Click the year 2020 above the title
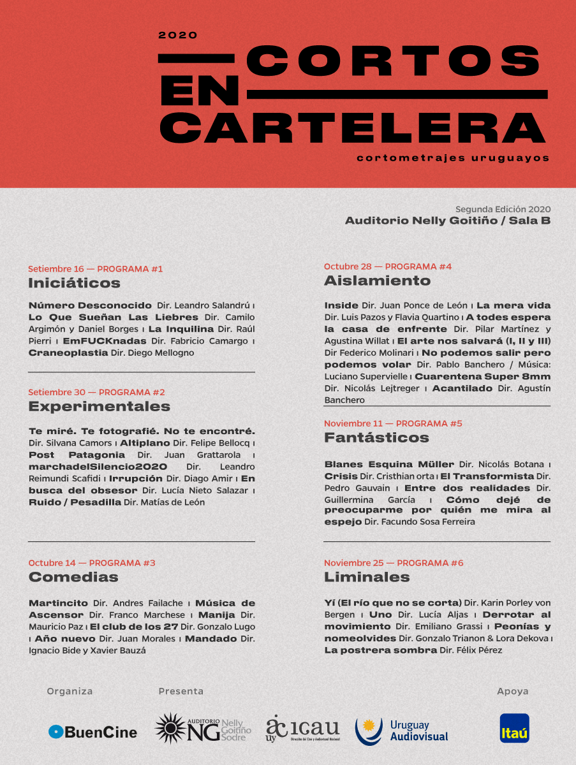pyautogui.click(x=178, y=36)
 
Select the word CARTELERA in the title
pyautogui.click(x=351, y=127)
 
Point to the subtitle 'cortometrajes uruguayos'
pyautogui.click(x=453, y=157)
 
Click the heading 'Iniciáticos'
pyautogui.click(x=74, y=282)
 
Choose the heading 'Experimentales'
pyautogui.click(x=99, y=406)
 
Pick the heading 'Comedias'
pyautogui.click(x=73, y=577)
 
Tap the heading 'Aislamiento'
pyautogui.click(x=377, y=280)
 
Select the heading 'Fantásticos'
pyautogui.click(x=376, y=437)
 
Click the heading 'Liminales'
pyautogui.click(x=367, y=577)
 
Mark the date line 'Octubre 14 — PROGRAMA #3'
pyautogui.click(x=92, y=563)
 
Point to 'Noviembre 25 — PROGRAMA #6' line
pyautogui.click(x=394, y=563)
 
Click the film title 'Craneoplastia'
pyautogui.click(x=68, y=353)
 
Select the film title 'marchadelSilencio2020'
pyautogui.click(x=98, y=467)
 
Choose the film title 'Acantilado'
pyautogui.click(x=462, y=388)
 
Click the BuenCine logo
pyautogui.click(x=93, y=732)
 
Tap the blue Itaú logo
pyautogui.click(x=514, y=728)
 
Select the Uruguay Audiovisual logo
pyautogui.click(x=401, y=731)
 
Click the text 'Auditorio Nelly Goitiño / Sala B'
pyautogui.click(x=447, y=221)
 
